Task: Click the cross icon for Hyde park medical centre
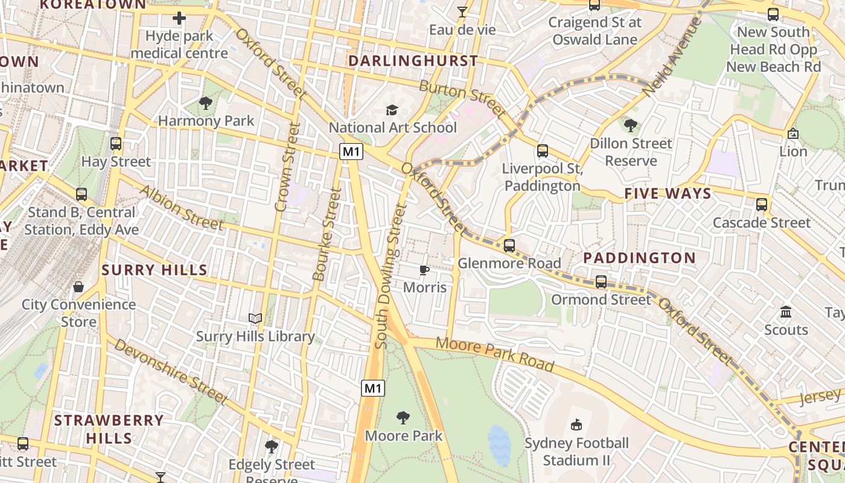tap(179, 18)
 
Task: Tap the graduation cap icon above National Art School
tap(392, 110)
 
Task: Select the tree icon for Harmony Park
tap(206, 103)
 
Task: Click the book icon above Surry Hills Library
tap(255, 318)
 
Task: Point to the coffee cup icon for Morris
tap(424, 270)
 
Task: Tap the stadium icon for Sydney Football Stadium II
tap(576, 425)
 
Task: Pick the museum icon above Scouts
tap(786, 312)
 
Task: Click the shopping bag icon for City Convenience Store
tap(78, 286)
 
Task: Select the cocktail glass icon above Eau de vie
tap(462, 12)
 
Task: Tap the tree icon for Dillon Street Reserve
tap(631, 126)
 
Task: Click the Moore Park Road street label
tap(494, 354)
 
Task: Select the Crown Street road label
tap(287, 167)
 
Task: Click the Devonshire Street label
tap(170, 371)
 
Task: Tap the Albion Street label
tap(181, 208)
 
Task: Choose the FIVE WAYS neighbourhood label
tap(668, 194)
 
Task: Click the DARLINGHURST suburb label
tap(413, 61)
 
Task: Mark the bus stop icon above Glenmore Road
tap(509, 246)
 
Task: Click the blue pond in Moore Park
tap(499, 446)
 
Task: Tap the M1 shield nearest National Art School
tap(351, 152)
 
